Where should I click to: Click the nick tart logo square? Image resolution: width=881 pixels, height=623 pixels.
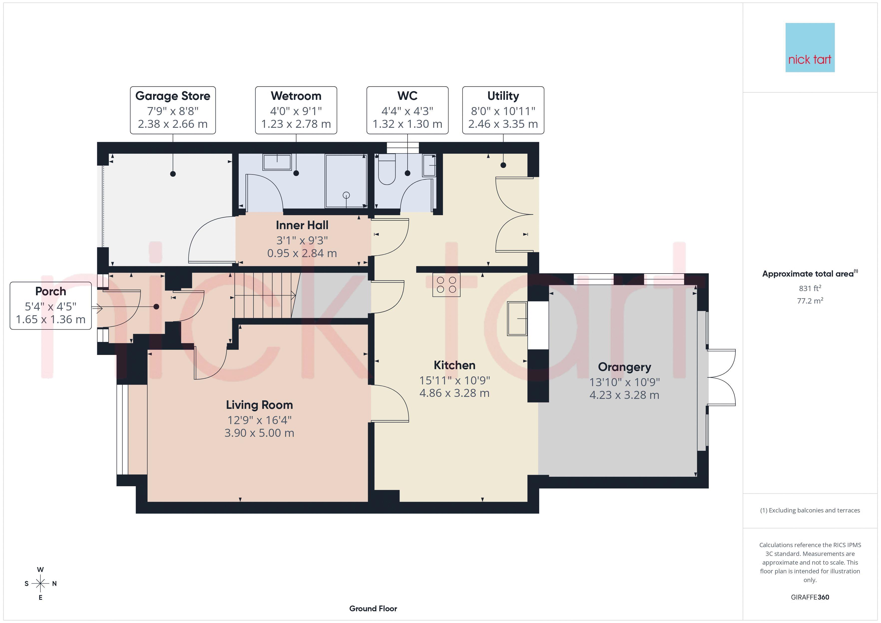point(810,48)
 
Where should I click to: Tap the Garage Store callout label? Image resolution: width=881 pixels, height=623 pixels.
point(173,110)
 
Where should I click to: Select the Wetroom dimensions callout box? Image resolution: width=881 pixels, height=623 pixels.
point(296,110)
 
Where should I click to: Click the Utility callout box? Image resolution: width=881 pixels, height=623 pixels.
point(503,110)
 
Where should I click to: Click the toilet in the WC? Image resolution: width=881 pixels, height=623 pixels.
point(387,169)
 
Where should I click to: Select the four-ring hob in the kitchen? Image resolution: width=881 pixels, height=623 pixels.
point(446,285)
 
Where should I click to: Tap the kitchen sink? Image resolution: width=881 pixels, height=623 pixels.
point(517,319)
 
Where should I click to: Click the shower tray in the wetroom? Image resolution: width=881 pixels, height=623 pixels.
point(346,181)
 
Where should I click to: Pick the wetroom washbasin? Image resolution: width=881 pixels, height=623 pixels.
point(277,162)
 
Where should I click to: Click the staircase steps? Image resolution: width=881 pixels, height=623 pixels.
point(265,295)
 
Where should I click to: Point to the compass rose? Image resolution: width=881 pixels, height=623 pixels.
point(40,584)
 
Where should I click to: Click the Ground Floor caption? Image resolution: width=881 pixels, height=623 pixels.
point(373,609)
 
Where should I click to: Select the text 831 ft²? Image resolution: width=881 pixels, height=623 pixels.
point(810,288)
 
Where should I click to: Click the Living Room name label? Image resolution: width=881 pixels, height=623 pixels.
point(259,405)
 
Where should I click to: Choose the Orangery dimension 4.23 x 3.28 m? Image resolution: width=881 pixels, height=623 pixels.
point(624,395)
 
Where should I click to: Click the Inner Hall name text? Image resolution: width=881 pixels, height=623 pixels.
point(302,225)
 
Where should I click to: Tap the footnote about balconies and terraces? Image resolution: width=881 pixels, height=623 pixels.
point(810,510)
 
